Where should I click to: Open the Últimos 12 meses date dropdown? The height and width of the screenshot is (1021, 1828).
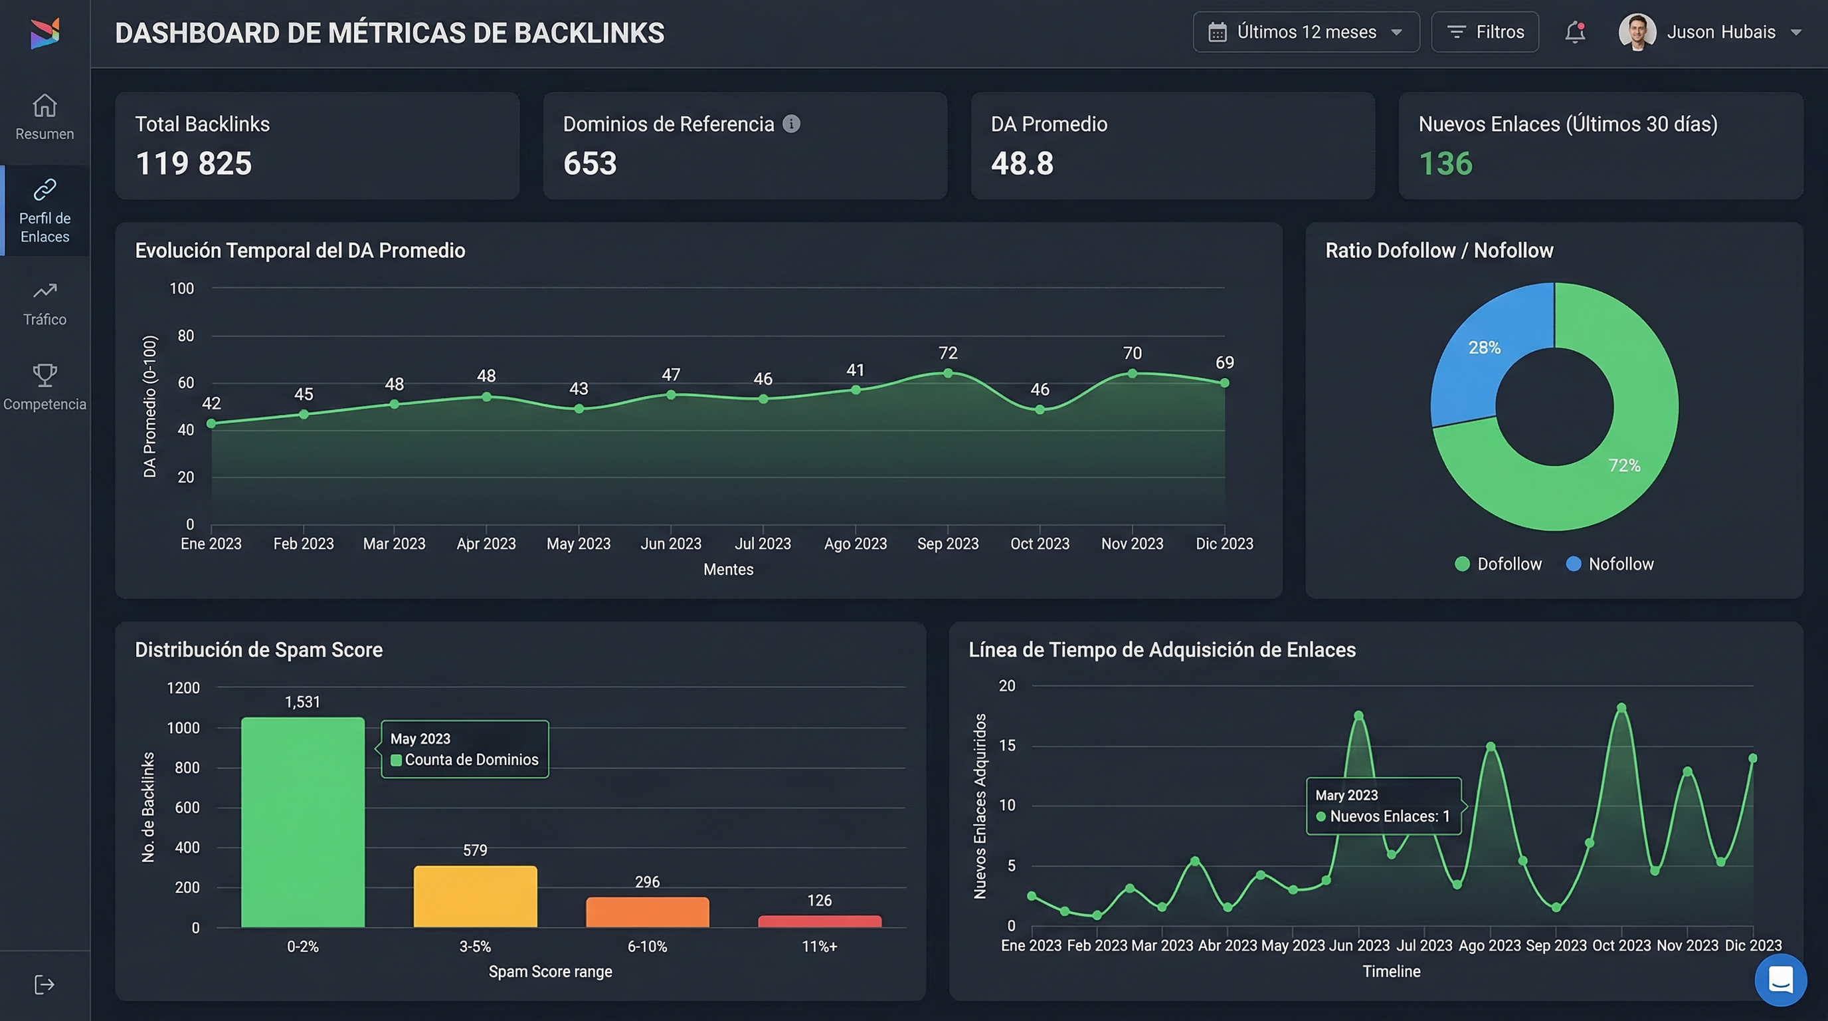1306,32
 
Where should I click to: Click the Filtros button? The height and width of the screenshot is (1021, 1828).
1485,32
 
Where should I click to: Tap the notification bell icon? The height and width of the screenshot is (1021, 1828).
1575,32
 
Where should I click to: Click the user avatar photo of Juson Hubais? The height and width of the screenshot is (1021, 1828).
1637,32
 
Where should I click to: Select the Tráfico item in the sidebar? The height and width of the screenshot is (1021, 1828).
45,304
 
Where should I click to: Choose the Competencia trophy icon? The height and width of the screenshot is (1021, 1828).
45,375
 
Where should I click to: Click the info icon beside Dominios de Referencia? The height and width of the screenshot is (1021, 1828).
791,124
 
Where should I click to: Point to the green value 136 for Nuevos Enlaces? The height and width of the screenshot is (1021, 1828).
1445,164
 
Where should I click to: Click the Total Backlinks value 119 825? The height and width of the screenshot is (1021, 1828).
194,164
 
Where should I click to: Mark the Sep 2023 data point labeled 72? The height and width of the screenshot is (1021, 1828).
947,373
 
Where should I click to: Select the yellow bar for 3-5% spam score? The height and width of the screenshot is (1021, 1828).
475,896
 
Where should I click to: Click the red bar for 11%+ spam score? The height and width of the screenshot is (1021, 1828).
820,921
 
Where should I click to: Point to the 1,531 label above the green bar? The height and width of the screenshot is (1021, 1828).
302,701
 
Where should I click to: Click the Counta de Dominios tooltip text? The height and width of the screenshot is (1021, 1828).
471,760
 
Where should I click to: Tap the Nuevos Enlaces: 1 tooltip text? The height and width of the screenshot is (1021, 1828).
1389,816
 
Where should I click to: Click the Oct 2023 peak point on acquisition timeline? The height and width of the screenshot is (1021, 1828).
1621,708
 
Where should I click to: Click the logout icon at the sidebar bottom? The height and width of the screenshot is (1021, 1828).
44,984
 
